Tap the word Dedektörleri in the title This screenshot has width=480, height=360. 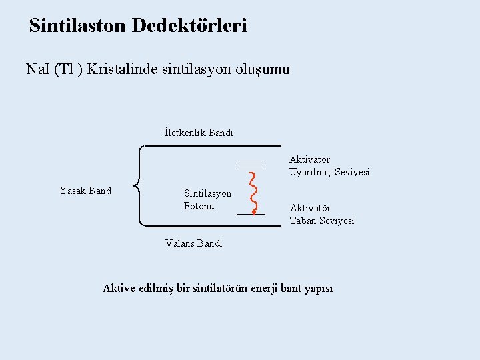pyautogui.click(x=189, y=26)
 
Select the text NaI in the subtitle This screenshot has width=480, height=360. pyautogui.click(x=37, y=69)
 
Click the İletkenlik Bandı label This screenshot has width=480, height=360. pyautogui.click(x=199, y=132)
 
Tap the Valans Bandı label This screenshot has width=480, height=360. pyautogui.click(x=194, y=243)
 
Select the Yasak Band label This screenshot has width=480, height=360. pyautogui.click(x=85, y=191)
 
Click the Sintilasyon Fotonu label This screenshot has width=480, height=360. pyautogui.click(x=207, y=199)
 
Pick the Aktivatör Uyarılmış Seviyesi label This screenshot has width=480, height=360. pyautogui.click(x=329, y=166)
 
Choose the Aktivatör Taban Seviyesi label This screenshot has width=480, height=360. pyautogui.click(x=322, y=214)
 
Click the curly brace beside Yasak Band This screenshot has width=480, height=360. pyautogui.click(x=137, y=186)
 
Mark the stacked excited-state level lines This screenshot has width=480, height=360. pyautogui.click(x=250, y=164)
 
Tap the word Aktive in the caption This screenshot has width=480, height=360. pyautogui.click(x=118, y=288)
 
